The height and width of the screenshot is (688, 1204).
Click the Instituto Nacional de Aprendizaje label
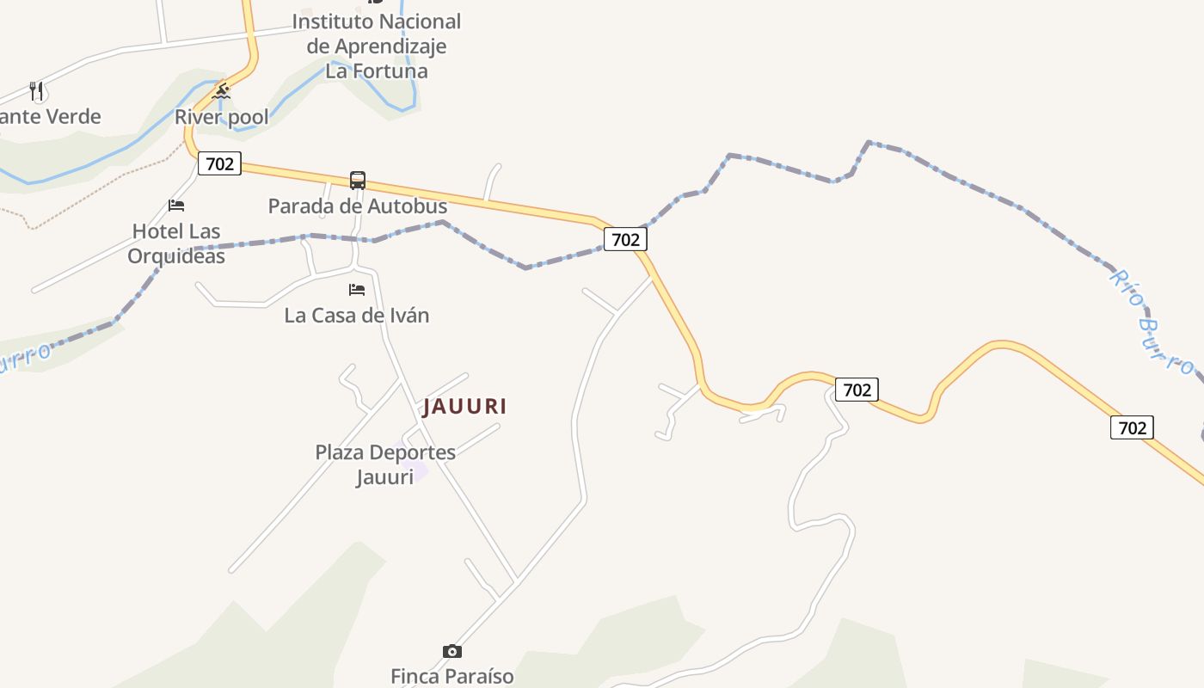coord(376,46)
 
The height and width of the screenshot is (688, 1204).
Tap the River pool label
coord(222,117)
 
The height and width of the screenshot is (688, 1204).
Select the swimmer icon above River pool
coord(222,91)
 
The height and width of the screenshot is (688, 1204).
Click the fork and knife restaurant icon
coord(36,90)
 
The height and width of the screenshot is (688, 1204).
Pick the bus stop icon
coord(358,181)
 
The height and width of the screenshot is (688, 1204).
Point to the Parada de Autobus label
coord(358,206)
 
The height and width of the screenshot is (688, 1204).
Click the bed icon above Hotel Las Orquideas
coord(176,206)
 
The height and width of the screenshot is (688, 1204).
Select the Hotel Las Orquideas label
coord(176,243)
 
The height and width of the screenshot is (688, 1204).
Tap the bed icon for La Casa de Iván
coord(357,290)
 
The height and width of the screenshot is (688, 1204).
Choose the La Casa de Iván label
coord(357,316)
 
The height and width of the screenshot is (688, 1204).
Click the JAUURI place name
coord(464,406)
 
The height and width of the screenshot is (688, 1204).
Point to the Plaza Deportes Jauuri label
coord(385,464)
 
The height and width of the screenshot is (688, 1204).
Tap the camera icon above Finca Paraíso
coord(452,651)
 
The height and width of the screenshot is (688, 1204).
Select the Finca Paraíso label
coord(452,676)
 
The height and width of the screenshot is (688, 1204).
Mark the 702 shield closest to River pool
coord(219,163)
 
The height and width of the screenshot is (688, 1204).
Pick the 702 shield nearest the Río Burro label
coord(1132,427)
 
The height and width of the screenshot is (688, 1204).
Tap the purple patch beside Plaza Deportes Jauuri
coord(416,472)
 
